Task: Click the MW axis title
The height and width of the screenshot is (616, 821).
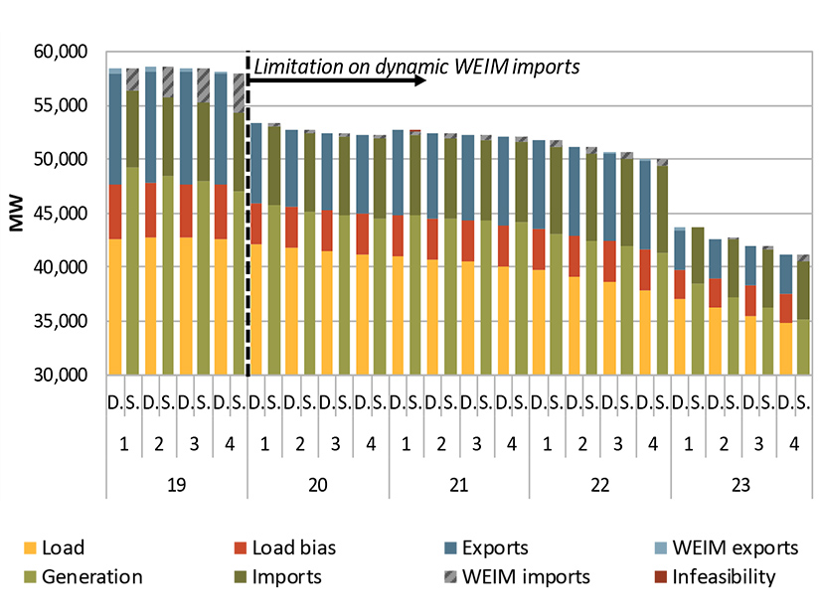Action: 17,214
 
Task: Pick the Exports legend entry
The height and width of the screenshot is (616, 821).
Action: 495,547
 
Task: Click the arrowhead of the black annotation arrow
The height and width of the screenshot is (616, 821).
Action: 421,78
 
